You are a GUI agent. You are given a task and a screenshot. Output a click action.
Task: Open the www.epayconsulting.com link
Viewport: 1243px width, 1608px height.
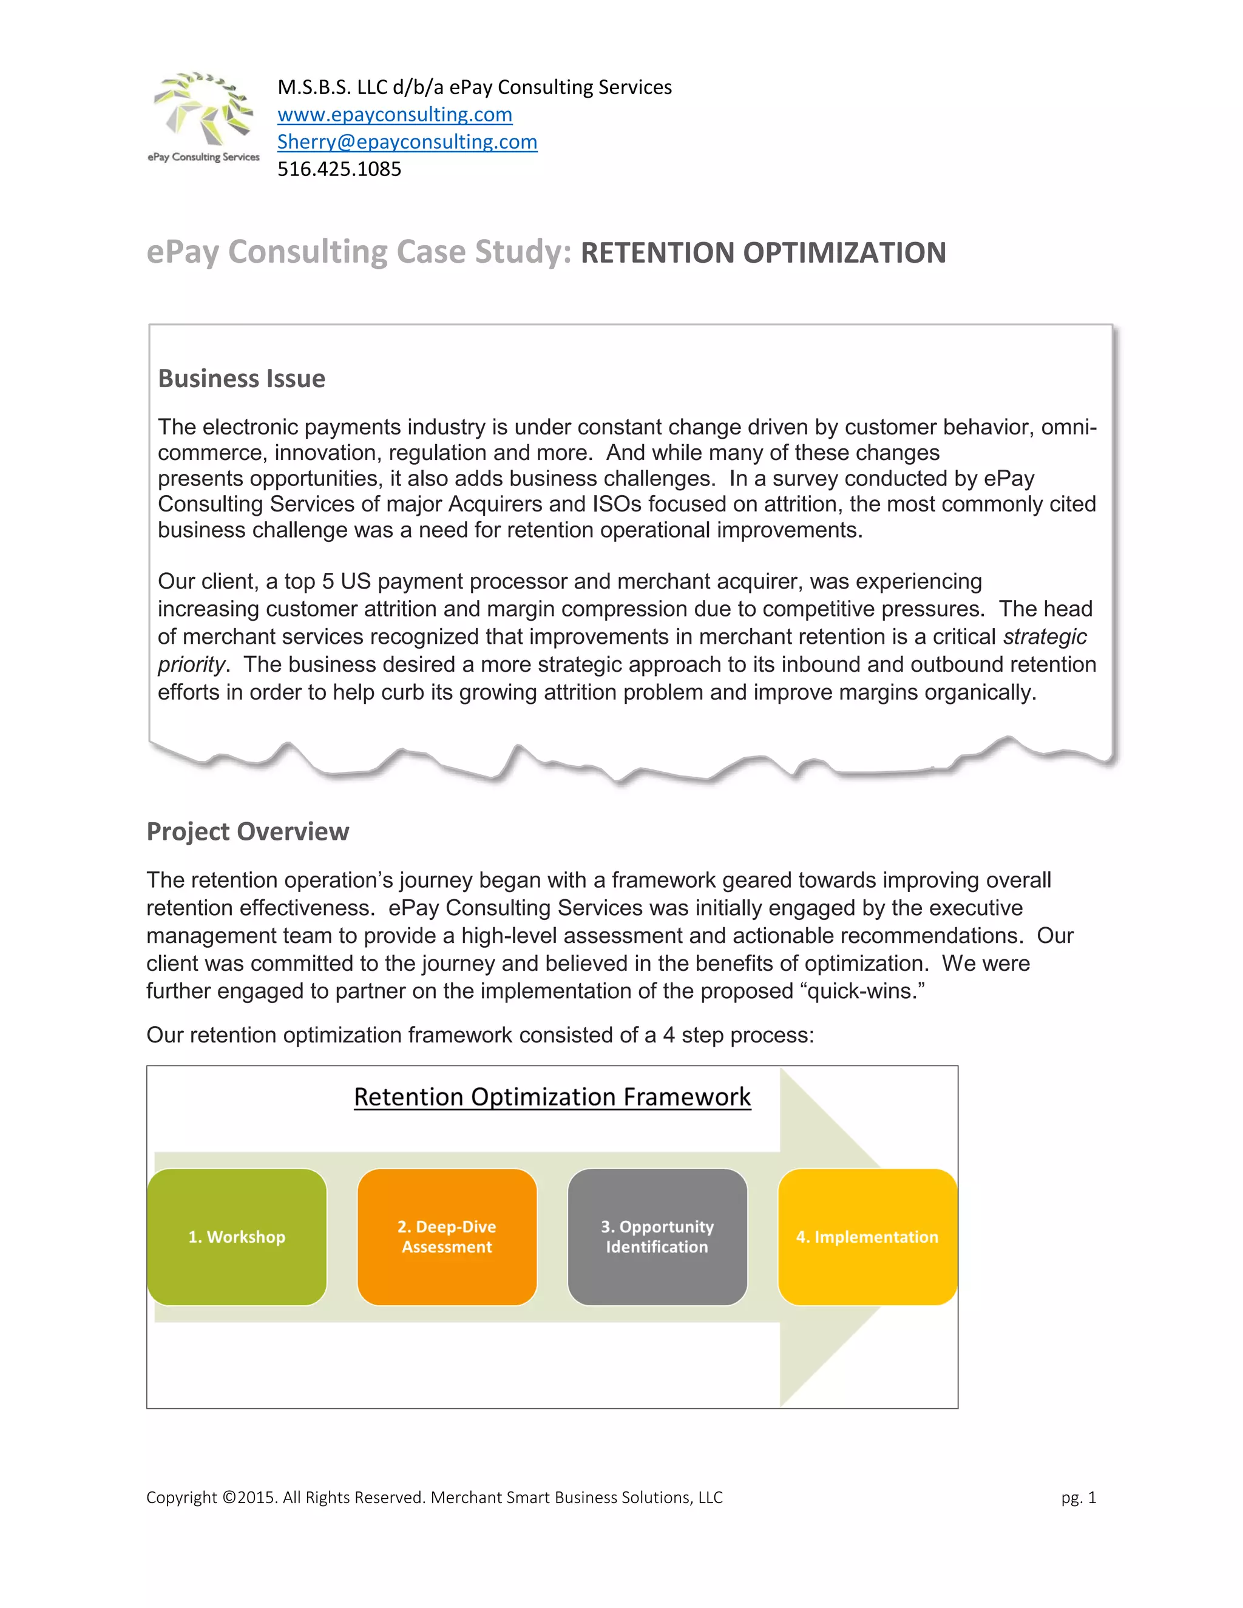tap(395, 115)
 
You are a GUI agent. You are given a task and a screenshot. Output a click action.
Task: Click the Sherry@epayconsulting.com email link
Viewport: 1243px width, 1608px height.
tap(407, 142)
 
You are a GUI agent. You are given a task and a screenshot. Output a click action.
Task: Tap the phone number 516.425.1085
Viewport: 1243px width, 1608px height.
tap(339, 169)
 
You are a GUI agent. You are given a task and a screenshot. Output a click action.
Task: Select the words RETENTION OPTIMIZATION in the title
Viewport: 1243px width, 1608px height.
tap(763, 253)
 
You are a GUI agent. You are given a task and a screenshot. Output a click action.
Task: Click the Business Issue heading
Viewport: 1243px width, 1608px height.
tap(242, 379)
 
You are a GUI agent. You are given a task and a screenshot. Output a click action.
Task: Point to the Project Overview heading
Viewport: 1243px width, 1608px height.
tap(248, 831)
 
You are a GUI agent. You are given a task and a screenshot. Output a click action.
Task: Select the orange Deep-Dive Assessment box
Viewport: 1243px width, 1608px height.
tap(447, 1237)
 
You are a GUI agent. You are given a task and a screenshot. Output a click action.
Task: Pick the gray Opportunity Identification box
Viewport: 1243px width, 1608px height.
tap(657, 1237)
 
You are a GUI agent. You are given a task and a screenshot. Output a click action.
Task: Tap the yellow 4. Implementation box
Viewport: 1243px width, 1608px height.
tap(867, 1237)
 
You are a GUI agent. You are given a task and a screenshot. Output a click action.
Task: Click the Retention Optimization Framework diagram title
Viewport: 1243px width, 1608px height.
tap(552, 1097)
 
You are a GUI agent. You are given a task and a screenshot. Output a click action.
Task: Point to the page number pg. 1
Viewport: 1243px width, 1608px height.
tap(1079, 1498)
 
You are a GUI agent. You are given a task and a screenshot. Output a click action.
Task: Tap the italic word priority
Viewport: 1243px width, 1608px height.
tap(191, 665)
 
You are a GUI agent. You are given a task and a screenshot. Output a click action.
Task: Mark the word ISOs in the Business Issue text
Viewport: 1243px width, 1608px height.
tap(617, 504)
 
